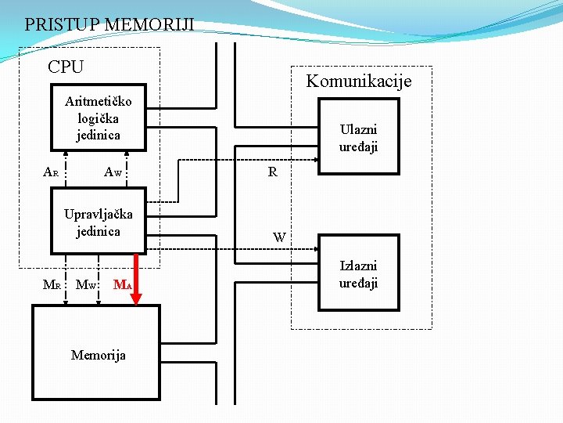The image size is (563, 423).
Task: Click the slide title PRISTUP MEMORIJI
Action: [109, 25]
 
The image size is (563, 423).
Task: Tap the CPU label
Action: [66, 67]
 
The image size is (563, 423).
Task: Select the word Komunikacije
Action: [358, 81]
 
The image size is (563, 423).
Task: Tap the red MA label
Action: [121, 284]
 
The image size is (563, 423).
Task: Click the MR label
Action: [52, 284]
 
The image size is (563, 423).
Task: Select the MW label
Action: [85, 284]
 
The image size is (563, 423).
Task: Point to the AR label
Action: [51, 172]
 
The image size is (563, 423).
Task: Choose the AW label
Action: [113, 172]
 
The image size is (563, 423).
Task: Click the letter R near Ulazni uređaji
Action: [272, 172]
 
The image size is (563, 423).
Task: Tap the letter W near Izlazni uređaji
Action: [279, 237]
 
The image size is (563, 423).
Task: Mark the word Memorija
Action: [99, 355]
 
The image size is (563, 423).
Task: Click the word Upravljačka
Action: [99, 214]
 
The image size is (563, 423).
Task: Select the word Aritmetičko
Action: [99, 101]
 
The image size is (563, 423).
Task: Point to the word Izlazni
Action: [358, 266]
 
